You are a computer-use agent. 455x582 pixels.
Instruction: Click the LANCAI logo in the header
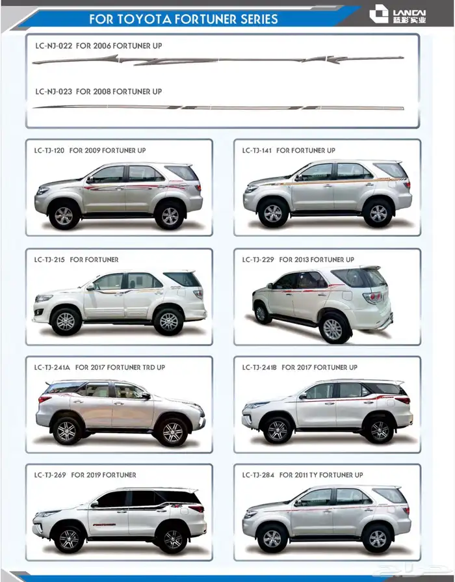point(398,14)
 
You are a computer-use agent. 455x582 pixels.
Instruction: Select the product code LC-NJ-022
point(54,46)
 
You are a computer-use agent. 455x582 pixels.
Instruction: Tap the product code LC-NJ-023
point(54,91)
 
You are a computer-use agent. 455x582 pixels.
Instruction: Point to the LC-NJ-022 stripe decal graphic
point(218,59)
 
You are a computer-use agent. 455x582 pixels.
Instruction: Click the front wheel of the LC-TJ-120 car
point(64,215)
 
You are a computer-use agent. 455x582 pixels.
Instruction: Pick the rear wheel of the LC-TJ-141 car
point(378,213)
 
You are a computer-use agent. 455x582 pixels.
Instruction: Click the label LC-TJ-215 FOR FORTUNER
point(76,259)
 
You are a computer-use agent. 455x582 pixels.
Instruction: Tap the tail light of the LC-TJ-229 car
point(372,297)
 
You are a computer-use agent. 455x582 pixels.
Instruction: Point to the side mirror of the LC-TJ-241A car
point(146,396)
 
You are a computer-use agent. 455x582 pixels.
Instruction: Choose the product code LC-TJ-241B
point(259,367)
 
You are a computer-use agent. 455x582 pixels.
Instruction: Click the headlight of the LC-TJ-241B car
point(255,405)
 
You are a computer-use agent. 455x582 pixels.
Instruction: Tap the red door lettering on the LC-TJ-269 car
point(104,525)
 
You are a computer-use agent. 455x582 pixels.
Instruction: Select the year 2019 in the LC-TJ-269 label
point(93,475)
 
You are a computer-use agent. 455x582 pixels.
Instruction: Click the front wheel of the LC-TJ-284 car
point(272,538)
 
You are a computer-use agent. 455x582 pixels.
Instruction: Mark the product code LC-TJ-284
point(258,475)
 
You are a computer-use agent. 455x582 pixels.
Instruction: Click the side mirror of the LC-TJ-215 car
point(90,287)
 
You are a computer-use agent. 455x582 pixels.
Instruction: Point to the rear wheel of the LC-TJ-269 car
point(173,539)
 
